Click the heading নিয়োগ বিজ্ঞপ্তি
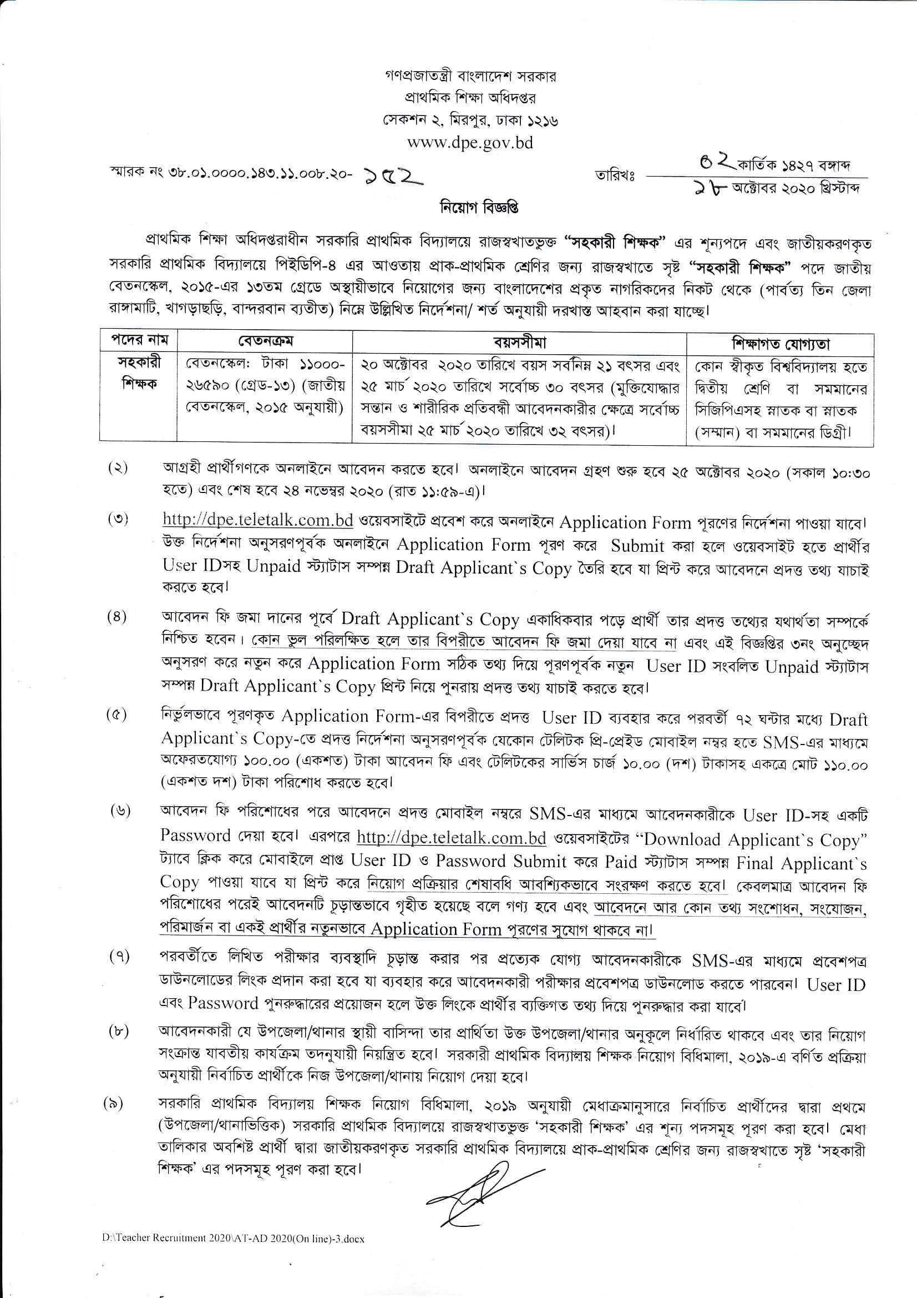pyautogui.click(x=479, y=208)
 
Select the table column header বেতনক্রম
pyautogui.click(x=265, y=341)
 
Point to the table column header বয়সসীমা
pyautogui.click(x=519, y=343)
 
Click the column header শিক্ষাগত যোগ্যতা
pyautogui.click(x=781, y=344)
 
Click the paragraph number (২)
pyautogui.click(x=118, y=468)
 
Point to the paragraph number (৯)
pyautogui.click(x=113, y=1104)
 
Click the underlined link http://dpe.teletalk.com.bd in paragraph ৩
pyautogui.click(x=257, y=520)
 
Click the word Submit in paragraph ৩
pyautogui.click(x=637, y=546)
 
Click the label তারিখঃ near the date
pyautogui.click(x=615, y=176)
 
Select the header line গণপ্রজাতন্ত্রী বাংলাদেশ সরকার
pyautogui.click(x=470, y=76)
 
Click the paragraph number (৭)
pyautogui.click(x=119, y=957)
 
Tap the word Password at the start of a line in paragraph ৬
pyautogui.click(x=195, y=836)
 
